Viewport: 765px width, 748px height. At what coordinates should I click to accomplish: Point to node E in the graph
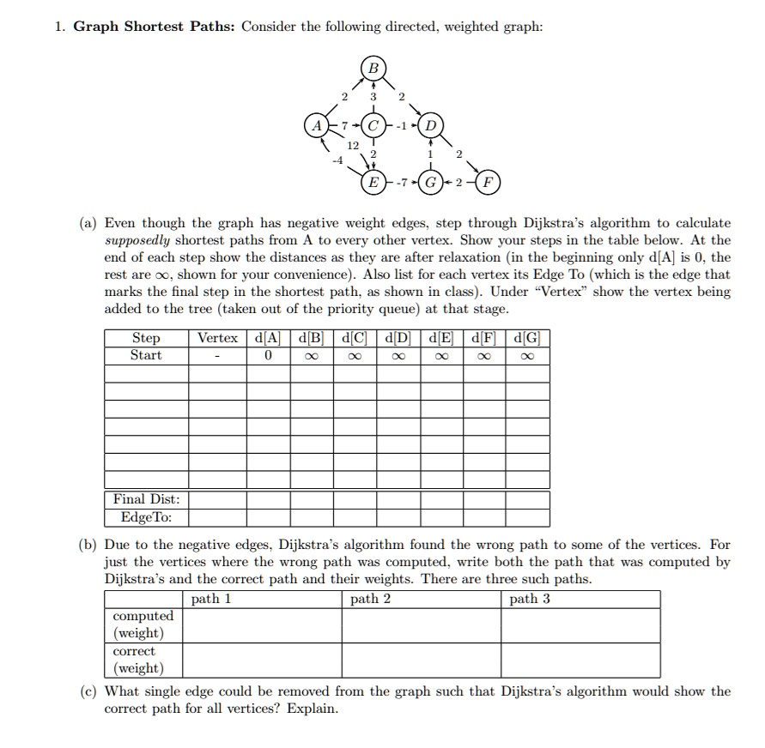(373, 184)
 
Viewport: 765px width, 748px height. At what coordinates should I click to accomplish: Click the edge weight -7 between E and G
(402, 184)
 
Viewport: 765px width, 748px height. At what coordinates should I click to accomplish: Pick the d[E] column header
(441, 337)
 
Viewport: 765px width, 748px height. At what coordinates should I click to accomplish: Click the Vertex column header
(217, 337)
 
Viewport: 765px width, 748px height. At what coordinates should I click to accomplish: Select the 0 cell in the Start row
(268, 355)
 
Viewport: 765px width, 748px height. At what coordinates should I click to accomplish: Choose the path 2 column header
(370, 599)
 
